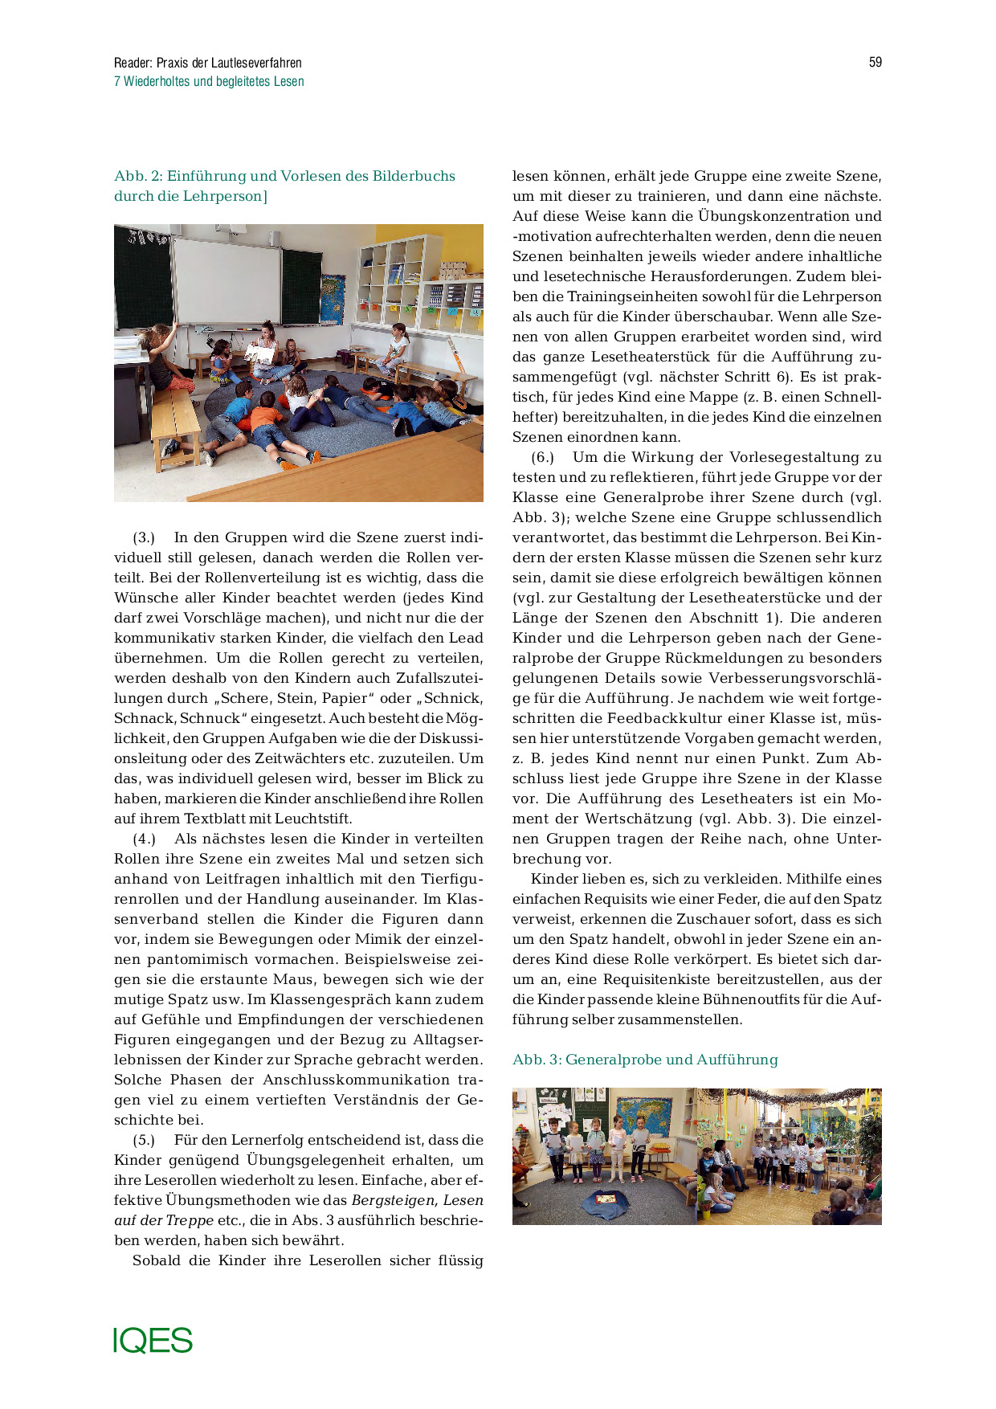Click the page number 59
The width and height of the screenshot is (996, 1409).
click(875, 63)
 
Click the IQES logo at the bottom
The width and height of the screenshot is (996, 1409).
click(153, 1341)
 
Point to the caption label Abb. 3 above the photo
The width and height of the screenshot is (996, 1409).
click(536, 1060)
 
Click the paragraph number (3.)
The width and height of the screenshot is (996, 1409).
click(144, 538)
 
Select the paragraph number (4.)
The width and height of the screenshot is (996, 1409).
click(144, 839)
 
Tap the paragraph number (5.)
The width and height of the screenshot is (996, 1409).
click(144, 1141)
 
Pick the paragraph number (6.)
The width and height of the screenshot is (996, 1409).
click(542, 458)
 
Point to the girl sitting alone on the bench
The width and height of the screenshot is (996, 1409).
click(395, 347)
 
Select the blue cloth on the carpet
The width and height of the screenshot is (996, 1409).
click(604, 1203)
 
